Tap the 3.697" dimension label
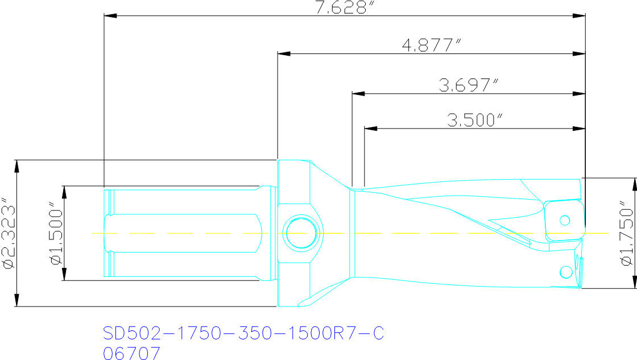pos(468,85)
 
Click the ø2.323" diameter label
pos(7,233)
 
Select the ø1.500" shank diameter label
pos(55,233)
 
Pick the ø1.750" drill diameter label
pos(626,233)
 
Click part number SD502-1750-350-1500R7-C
pos(243,334)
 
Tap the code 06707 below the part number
pos(131,353)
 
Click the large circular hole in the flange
pos(301,233)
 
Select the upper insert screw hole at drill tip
pos(565,220)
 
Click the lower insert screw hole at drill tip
pos(565,271)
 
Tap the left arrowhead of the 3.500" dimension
pos(370,129)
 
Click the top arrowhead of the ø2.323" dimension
pos(16,166)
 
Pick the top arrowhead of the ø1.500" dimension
pos(64,192)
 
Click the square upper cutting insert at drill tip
pos(563,221)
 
